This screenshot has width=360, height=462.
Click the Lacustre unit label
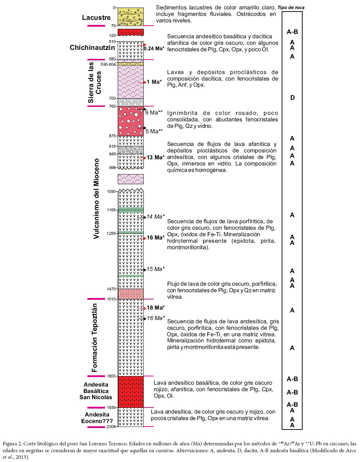point(96,18)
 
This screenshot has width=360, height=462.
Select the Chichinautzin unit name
point(92,48)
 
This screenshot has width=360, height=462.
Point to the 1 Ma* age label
point(154,82)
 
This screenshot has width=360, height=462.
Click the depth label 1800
point(111,376)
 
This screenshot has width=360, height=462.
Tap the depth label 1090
point(111,191)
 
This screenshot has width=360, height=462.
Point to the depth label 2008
point(111,427)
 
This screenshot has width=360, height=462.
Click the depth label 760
point(112,106)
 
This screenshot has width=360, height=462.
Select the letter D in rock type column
point(292,98)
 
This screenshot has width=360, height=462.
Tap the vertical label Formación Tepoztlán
point(95,338)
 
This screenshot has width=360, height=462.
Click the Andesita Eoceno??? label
point(97,418)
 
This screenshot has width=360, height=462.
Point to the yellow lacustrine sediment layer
point(131,17)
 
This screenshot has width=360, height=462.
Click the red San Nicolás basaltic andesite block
point(131,392)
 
